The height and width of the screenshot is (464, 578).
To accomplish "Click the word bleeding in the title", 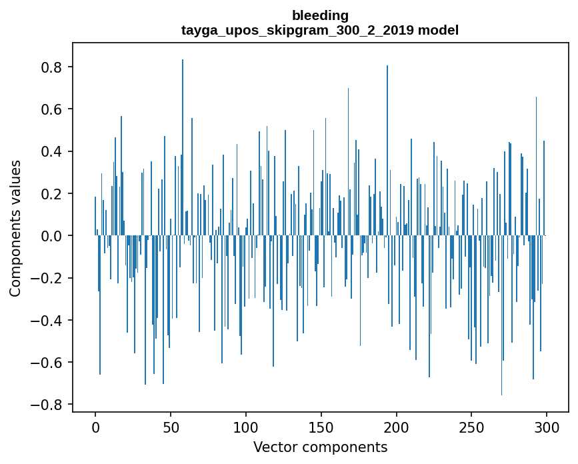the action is click(320, 15).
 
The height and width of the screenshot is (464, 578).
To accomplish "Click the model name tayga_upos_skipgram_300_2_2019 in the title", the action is click(297, 30).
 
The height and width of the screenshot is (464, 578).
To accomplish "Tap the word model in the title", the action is click(438, 30).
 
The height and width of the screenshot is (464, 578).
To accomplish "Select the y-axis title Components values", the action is click(15, 229).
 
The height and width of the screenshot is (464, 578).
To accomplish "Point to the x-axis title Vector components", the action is click(320, 447).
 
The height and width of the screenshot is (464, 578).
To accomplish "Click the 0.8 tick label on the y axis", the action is click(51, 67).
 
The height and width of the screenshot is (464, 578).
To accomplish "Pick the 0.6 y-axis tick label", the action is click(51, 109).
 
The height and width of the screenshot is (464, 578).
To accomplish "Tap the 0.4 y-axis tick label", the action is click(51, 151).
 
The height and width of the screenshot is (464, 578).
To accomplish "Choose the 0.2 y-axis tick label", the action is click(51, 194).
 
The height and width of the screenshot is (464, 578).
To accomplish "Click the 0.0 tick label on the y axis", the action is click(51, 236).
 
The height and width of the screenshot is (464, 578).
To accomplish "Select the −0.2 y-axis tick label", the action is click(46, 278).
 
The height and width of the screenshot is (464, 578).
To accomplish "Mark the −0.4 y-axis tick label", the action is click(46, 320).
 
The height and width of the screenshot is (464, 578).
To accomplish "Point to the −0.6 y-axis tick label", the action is click(46, 363).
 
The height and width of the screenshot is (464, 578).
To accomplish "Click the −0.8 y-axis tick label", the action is click(46, 405).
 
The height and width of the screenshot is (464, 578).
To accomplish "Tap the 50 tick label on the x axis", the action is click(171, 428).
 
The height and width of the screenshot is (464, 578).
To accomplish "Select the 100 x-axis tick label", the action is click(246, 428).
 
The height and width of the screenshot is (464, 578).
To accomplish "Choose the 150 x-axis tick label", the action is click(321, 428).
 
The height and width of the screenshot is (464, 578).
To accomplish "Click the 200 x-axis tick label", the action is click(396, 428).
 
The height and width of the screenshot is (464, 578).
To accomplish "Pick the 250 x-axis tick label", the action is click(471, 428).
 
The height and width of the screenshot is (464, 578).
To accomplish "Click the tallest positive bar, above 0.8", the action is click(183, 147).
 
